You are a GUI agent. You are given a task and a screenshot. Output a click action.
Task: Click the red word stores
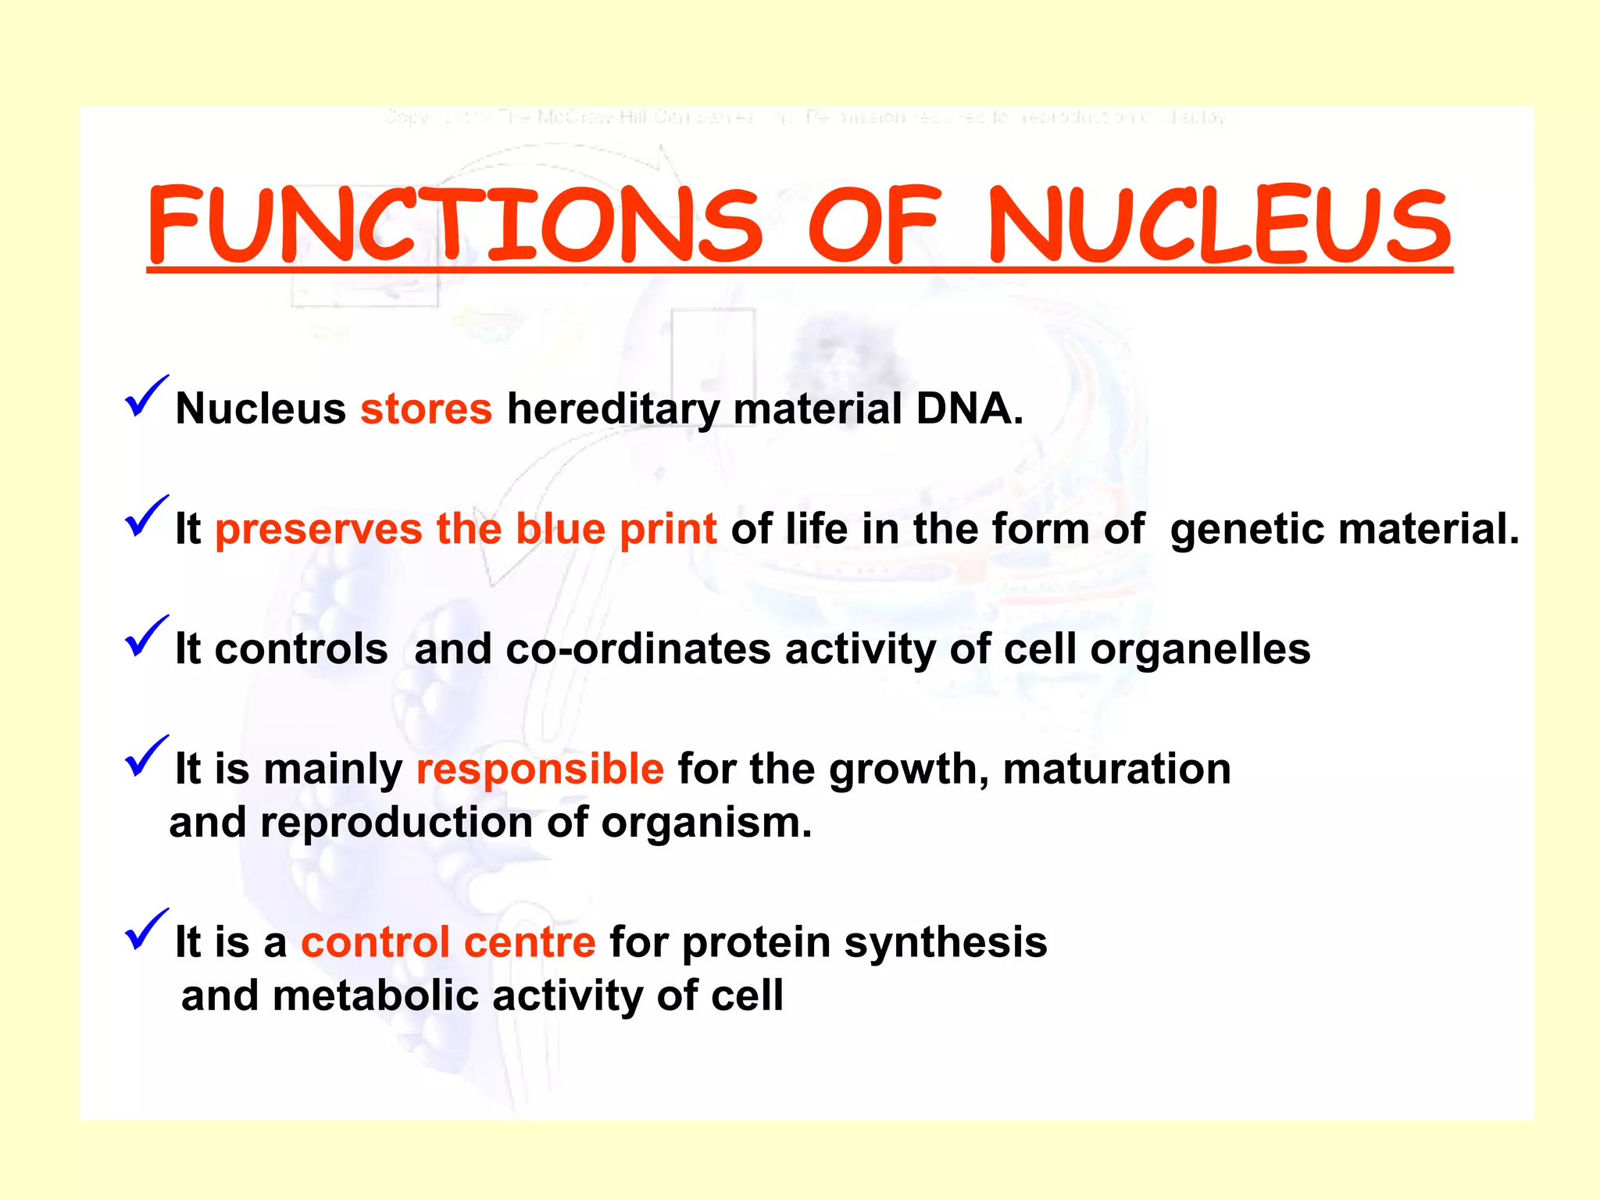pos(426,409)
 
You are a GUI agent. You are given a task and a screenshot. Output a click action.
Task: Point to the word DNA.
pos(969,409)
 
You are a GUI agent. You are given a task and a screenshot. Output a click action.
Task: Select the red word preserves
pos(319,529)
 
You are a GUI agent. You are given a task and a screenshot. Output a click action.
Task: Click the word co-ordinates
pos(638,648)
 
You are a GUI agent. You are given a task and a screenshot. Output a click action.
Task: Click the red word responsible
pos(540,769)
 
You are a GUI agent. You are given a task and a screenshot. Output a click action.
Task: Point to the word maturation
pos(1116,769)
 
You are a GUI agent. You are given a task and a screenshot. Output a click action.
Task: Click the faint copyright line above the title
pos(805,118)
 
